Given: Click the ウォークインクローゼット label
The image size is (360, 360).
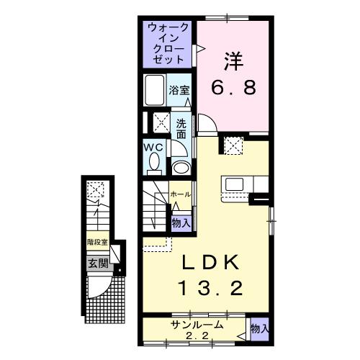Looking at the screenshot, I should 169,42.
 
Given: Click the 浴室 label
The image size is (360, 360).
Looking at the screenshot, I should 179,91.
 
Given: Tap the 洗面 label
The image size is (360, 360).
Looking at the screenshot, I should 181,127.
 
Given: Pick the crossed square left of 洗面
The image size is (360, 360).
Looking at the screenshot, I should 158,121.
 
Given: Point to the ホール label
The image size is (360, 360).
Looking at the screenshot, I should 181,194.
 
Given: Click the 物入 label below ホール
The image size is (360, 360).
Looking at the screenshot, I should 181,223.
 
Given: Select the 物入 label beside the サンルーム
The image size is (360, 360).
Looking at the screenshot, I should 259,328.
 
